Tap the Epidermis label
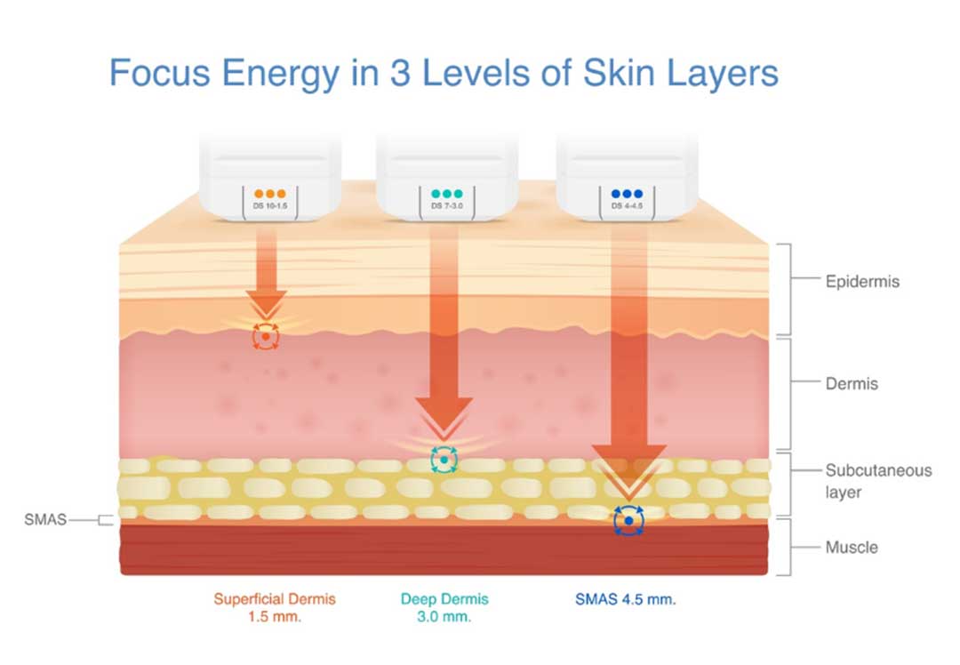[862, 282]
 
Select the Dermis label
[852, 384]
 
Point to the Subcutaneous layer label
[878, 481]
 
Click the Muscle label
[851, 547]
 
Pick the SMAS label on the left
[45, 519]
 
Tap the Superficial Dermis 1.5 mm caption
[275, 607]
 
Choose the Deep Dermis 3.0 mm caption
[444, 607]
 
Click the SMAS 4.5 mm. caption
[625, 599]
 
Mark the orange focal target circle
[266, 337]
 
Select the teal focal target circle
[444, 460]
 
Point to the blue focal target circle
[628, 520]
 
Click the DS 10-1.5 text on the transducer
[270, 205]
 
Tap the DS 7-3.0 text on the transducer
[447, 205]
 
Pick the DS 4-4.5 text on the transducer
[627, 205]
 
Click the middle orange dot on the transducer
[270, 194]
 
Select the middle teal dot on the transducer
[447, 194]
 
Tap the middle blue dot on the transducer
[627, 194]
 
